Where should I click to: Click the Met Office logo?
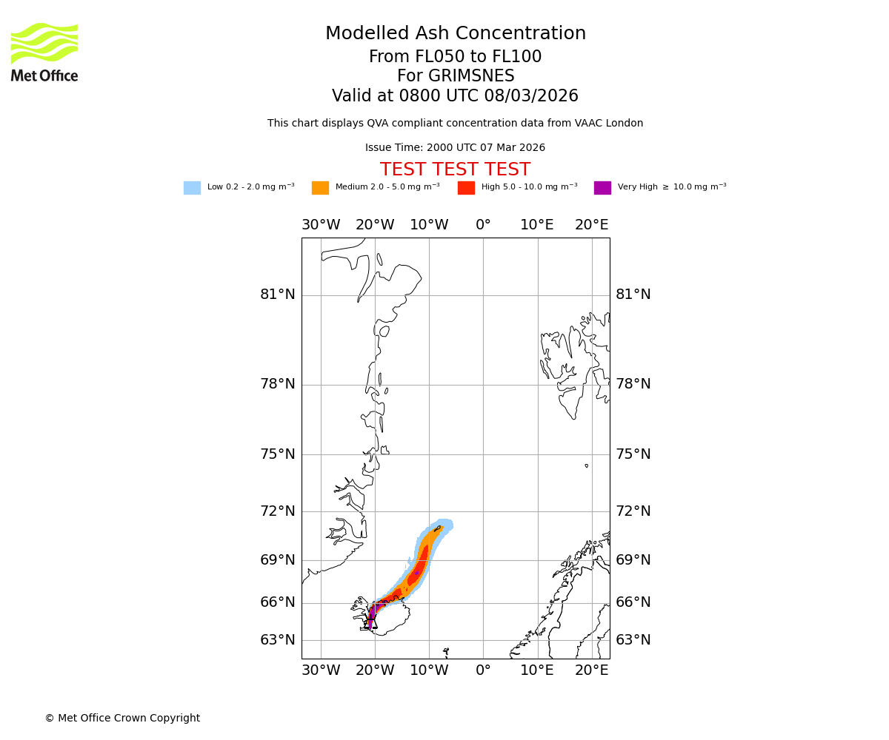(44, 52)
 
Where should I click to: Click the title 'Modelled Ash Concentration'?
(456, 34)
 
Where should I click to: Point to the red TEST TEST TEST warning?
(455, 170)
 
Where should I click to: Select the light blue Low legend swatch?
(192, 188)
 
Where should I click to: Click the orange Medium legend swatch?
(320, 188)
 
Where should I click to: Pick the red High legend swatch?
(466, 188)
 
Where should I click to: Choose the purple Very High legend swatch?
(602, 188)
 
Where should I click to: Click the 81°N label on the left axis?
(277, 295)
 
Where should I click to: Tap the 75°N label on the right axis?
(633, 454)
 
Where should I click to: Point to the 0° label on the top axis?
(483, 225)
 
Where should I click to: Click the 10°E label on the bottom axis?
(537, 670)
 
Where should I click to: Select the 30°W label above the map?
(321, 225)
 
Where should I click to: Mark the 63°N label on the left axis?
(277, 640)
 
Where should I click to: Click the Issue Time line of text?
(455, 148)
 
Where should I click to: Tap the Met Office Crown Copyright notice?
(122, 719)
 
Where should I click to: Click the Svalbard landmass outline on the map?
(570, 363)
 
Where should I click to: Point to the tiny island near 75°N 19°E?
(586, 465)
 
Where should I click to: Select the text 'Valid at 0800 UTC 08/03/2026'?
(455, 96)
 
